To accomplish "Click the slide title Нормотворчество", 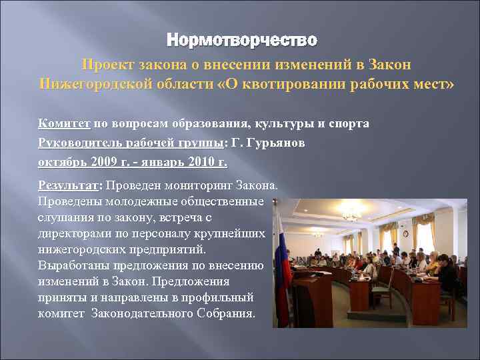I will pyautogui.click(x=241, y=41).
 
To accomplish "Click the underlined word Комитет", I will pyautogui.click(x=65, y=123).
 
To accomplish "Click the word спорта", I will pyautogui.click(x=347, y=123).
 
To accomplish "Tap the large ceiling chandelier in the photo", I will pyautogui.click(x=352, y=215).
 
